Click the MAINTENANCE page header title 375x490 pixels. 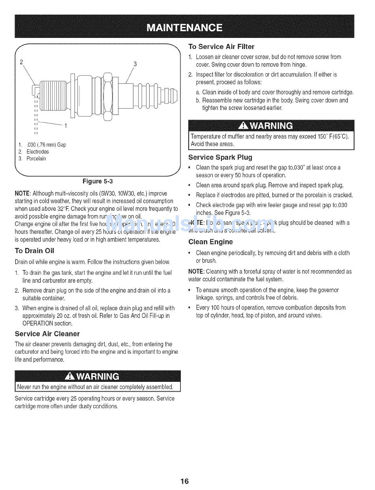pos(184,27)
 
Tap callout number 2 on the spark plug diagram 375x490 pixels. pos(22,62)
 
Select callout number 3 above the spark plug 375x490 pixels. pos(135,64)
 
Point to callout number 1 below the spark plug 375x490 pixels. pos(66,126)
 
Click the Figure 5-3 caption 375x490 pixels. pos(97,181)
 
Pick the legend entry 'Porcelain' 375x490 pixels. pos(36,159)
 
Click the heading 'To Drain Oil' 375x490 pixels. pos(34,251)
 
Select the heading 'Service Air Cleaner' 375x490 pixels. pos(47,334)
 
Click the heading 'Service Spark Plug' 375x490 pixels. pos(220,157)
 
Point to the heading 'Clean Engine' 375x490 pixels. pos(210,242)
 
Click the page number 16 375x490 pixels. pos(185,481)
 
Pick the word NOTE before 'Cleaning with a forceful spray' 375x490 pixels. pos(196,272)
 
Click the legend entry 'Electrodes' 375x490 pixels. pos(37,152)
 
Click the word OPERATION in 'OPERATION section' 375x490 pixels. pos(38,323)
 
